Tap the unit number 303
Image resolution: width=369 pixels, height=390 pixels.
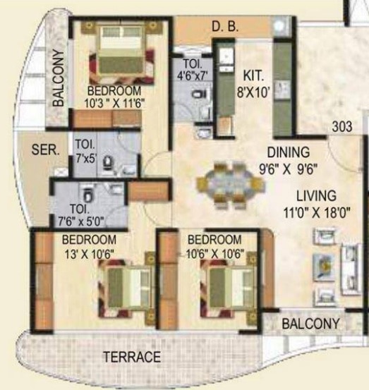click(344, 129)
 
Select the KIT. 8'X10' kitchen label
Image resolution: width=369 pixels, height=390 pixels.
click(254, 82)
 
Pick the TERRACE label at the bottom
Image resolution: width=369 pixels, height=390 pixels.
click(132, 357)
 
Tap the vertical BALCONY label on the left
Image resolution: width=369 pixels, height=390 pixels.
click(59, 78)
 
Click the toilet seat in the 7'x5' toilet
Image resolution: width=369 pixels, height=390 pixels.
click(108, 164)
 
